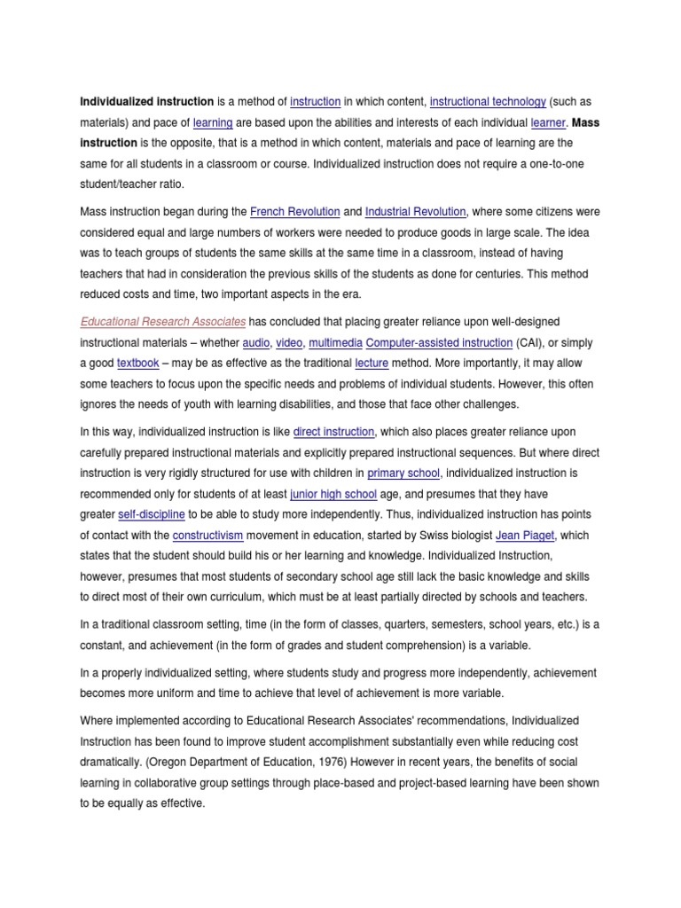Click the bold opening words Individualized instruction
147,102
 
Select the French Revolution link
295,211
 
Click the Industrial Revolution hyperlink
415,211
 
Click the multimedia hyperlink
336,341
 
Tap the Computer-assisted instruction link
439,341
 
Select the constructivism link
207,535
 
